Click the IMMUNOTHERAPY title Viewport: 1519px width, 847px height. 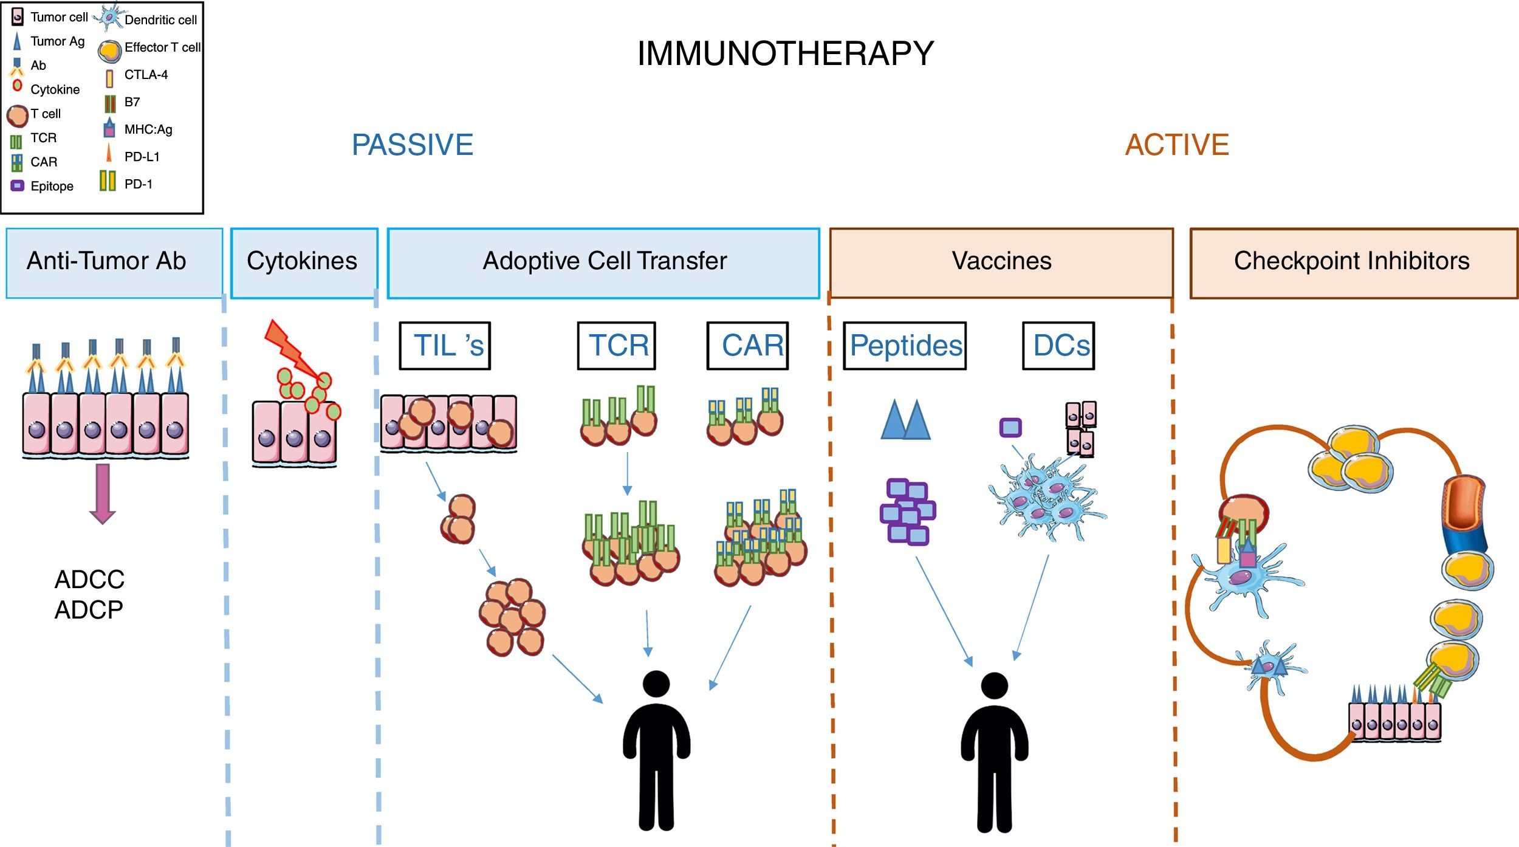click(785, 53)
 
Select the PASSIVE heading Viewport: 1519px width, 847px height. click(413, 145)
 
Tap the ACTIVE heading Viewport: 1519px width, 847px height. click(1177, 145)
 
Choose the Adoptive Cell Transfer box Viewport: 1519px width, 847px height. click(603, 262)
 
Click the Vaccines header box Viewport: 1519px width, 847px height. click(1001, 262)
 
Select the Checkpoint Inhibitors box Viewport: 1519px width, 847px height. click(1353, 262)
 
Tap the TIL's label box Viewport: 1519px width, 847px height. click(445, 346)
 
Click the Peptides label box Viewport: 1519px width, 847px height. click(905, 346)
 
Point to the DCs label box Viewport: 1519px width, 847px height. click(1058, 346)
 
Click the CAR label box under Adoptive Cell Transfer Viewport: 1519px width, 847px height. click(747, 346)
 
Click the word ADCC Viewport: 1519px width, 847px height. click(89, 580)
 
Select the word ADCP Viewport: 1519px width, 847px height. click(89, 609)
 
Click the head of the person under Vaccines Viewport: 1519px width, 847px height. click(994, 686)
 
